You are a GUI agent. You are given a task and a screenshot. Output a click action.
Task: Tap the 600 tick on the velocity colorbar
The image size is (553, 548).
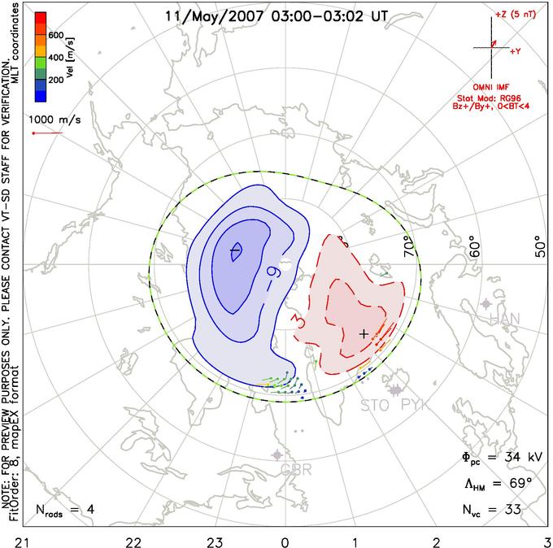pyautogui.click(x=57, y=35)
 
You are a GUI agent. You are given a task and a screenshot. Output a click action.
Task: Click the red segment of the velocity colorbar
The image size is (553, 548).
pyautogui.click(x=39, y=20)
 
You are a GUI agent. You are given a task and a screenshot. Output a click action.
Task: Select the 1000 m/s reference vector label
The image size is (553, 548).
pyautogui.click(x=55, y=120)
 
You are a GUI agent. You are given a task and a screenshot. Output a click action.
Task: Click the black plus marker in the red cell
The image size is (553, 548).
pyautogui.click(x=364, y=333)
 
